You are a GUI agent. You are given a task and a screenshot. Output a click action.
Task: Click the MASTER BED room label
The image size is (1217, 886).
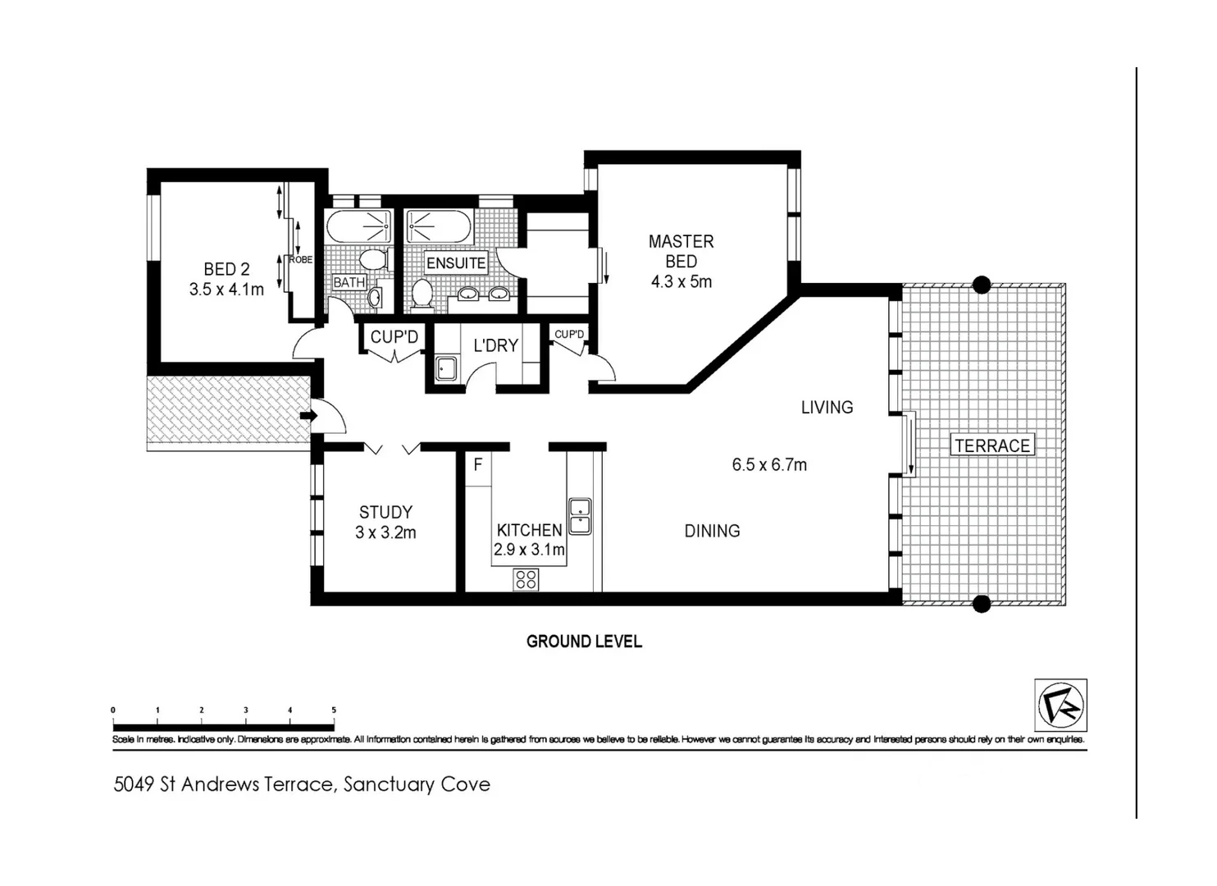[x=681, y=251]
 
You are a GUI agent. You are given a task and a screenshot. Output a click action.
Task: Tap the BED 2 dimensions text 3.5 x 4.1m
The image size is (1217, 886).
[x=226, y=289]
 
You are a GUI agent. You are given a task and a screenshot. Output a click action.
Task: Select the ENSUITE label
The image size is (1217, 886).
[x=456, y=263]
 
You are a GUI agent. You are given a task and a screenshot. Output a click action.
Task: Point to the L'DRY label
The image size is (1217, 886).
[x=495, y=345]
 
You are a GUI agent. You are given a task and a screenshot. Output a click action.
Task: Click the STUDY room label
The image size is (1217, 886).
[x=385, y=512]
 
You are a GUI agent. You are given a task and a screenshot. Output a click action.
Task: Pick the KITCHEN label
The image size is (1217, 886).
[x=529, y=530]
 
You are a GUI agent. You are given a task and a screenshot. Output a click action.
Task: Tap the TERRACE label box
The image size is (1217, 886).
[x=992, y=445]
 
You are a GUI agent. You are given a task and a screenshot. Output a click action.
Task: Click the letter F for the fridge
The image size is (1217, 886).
[x=477, y=465]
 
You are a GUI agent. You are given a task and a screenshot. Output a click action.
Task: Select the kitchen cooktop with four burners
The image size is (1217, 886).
[x=526, y=579]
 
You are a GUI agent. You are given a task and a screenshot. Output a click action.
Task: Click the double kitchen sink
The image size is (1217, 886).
[x=580, y=516]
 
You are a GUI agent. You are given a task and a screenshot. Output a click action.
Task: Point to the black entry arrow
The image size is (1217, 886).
[x=308, y=416]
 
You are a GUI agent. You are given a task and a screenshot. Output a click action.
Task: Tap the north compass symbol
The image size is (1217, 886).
[x=1060, y=706]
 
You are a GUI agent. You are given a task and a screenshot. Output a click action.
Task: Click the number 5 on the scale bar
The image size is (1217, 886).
[x=334, y=710]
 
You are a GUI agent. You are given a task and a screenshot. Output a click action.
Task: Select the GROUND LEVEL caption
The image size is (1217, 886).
[x=584, y=642]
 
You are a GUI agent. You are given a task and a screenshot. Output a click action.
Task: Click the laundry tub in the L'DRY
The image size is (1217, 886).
[x=446, y=369]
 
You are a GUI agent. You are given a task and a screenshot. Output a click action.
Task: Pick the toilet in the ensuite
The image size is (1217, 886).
[x=422, y=295]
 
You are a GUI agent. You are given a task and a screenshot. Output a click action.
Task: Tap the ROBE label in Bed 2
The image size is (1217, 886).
[x=300, y=260]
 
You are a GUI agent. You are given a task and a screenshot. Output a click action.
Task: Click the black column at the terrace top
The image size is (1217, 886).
[x=981, y=285]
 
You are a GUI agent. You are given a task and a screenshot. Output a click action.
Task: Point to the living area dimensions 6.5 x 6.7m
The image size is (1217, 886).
[x=769, y=465]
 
